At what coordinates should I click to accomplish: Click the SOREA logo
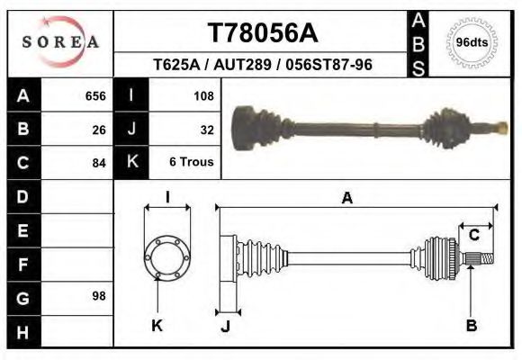pyautogui.click(x=60, y=42)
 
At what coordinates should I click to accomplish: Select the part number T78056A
pyautogui.click(x=263, y=32)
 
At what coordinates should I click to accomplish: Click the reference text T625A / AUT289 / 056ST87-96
pyautogui.click(x=263, y=65)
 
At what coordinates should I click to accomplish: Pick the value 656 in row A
pyautogui.click(x=95, y=95)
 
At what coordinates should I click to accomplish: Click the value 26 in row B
pyautogui.click(x=99, y=129)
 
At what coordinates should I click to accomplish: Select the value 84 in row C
pyautogui.click(x=99, y=163)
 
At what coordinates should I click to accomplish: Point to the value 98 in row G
pyautogui.click(x=99, y=295)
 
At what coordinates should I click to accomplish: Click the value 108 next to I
pyautogui.click(x=202, y=95)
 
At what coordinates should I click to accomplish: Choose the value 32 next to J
pyautogui.click(x=206, y=129)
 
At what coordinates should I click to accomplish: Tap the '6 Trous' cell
pyautogui.click(x=192, y=163)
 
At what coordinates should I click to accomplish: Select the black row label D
pyautogui.click(x=22, y=196)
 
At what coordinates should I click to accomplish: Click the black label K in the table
pyautogui.click(x=132, y=163)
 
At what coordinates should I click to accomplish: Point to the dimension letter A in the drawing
pyautogui.click(x=346, y=199)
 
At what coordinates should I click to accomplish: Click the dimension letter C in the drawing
pyautogui.click(x=473, y=235)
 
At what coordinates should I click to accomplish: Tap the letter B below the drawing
pyautogui.click(x=471, y=326)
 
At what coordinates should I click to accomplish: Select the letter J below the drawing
pyautogui.click(x=225, y=326)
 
